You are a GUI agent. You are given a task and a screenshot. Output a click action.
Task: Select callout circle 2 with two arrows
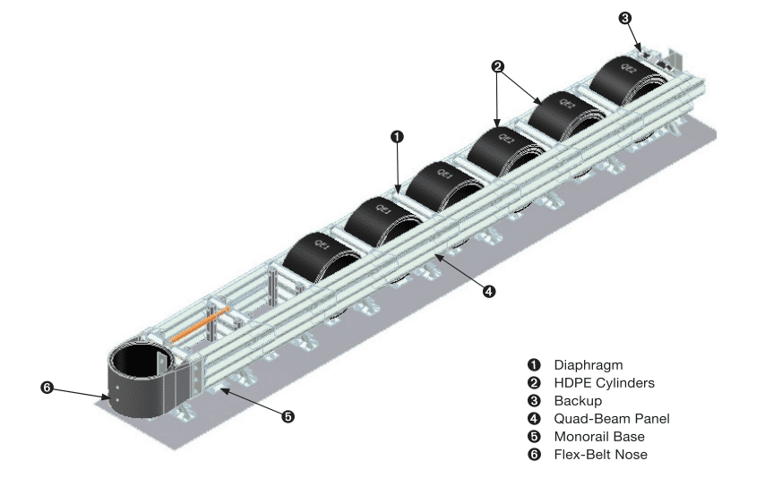(498, 65)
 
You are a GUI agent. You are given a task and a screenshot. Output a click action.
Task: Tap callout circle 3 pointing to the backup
(624, 16)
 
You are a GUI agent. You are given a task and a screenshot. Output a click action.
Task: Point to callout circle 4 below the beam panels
(488, 291)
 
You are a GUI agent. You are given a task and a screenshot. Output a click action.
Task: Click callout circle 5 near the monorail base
(288, 415)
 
